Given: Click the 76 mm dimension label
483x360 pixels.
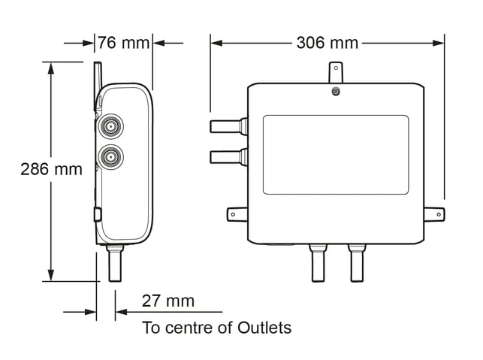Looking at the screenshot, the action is [x=123, y=43].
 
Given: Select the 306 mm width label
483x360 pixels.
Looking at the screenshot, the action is [x=328, y=43].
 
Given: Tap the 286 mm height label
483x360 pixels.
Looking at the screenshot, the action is [x=51, y=169].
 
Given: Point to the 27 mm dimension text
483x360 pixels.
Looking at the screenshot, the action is [x=168, y=301].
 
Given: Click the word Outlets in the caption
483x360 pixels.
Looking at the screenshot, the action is [x=264, y=328].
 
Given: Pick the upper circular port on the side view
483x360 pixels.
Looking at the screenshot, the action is [x=110, y=126].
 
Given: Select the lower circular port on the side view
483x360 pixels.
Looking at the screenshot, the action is [x=110, y=157].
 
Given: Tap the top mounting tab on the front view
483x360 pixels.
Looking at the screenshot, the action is [x=336, y=72].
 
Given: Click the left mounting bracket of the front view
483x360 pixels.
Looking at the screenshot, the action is [x=237, y=214].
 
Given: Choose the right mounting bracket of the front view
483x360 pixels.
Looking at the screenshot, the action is [x=434, y=214].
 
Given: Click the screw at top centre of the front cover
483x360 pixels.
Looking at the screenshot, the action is [x=336, y=92].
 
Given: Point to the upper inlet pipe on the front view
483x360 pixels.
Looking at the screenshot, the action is [x=229, y=126].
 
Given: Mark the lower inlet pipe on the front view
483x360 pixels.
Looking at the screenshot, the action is [x=229, y=157].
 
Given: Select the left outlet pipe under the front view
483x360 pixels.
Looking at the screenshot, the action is [x=318, y=263].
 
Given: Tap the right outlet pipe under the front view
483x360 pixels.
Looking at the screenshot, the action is [x=357, y=263].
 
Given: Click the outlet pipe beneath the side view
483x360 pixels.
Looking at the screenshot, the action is [x=115, y=263].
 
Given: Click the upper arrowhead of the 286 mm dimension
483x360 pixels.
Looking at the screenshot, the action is [x=51, y=68].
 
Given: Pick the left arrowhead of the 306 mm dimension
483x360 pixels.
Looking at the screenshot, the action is [x=216, y=43].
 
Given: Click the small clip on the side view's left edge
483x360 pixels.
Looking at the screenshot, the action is [x=98, y=214].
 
